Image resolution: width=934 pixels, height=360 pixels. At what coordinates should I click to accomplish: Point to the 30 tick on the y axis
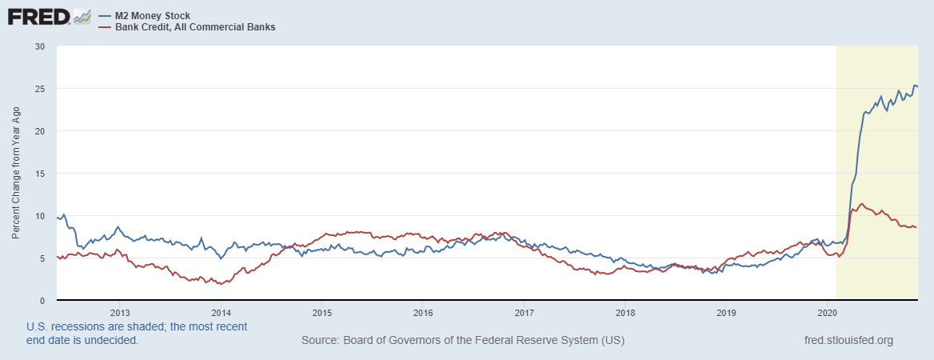[40, 46]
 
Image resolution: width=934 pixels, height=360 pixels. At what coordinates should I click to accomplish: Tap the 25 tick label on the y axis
[40, 89]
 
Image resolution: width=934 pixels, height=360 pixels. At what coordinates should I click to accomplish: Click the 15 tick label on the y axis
[40, 174]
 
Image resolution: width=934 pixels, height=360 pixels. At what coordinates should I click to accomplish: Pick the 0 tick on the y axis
[42, 301]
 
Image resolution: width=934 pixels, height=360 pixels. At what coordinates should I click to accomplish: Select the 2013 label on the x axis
[119, 312]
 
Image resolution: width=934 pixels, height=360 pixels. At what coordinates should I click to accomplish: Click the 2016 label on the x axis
[423, 312]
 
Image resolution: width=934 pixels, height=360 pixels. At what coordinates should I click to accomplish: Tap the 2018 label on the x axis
[625, 312]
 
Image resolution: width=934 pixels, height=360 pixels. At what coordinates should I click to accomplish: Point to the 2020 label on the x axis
[827, 312]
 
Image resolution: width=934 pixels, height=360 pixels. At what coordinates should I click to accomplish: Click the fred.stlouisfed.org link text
[848, 341]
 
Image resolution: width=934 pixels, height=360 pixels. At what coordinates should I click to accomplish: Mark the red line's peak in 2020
[861, 204]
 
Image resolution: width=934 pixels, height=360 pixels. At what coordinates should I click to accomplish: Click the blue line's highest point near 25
[915, 86]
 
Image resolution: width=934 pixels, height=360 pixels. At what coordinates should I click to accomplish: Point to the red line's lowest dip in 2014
[219, 284]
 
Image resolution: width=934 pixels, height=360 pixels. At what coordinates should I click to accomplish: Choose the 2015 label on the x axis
[321, 312]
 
